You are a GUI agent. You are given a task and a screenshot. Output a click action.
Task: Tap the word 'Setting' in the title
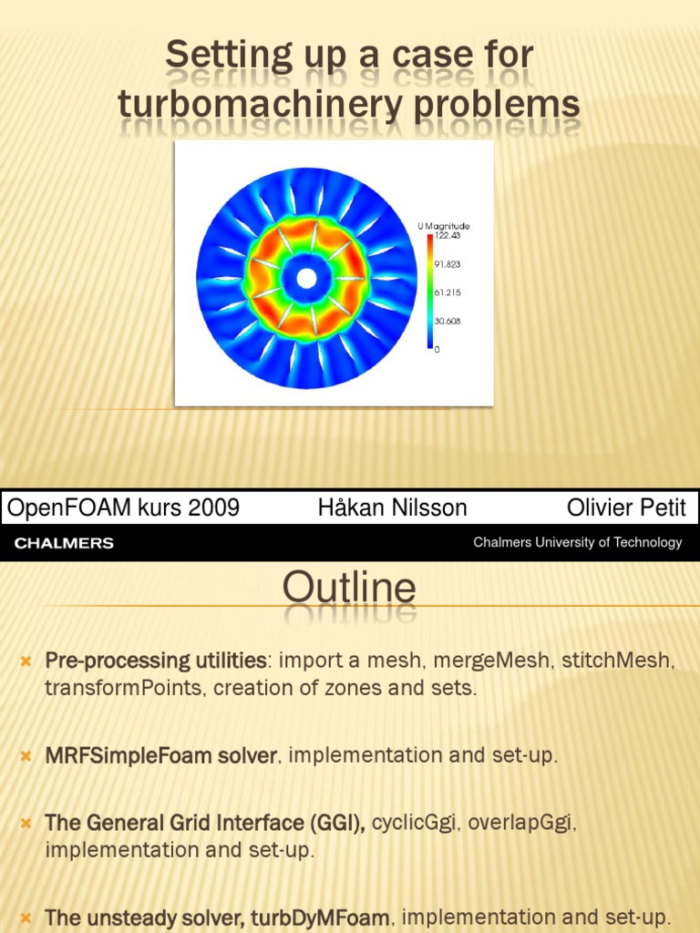223,56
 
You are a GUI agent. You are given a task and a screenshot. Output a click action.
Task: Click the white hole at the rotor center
307,276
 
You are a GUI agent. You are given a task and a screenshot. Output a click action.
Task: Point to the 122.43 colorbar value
447,235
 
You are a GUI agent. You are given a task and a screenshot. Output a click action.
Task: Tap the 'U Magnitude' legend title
444,226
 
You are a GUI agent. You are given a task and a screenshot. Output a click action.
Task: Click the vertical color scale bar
429,292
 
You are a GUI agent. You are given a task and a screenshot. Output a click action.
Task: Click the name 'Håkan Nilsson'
392,508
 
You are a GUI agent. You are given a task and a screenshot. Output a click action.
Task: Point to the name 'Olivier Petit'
626,508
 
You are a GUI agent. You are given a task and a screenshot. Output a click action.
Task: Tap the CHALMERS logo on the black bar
64,543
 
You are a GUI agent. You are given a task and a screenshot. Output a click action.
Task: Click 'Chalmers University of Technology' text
577,542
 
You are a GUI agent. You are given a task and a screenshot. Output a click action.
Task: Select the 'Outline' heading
349,589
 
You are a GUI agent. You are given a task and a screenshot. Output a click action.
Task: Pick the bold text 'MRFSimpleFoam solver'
160,755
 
